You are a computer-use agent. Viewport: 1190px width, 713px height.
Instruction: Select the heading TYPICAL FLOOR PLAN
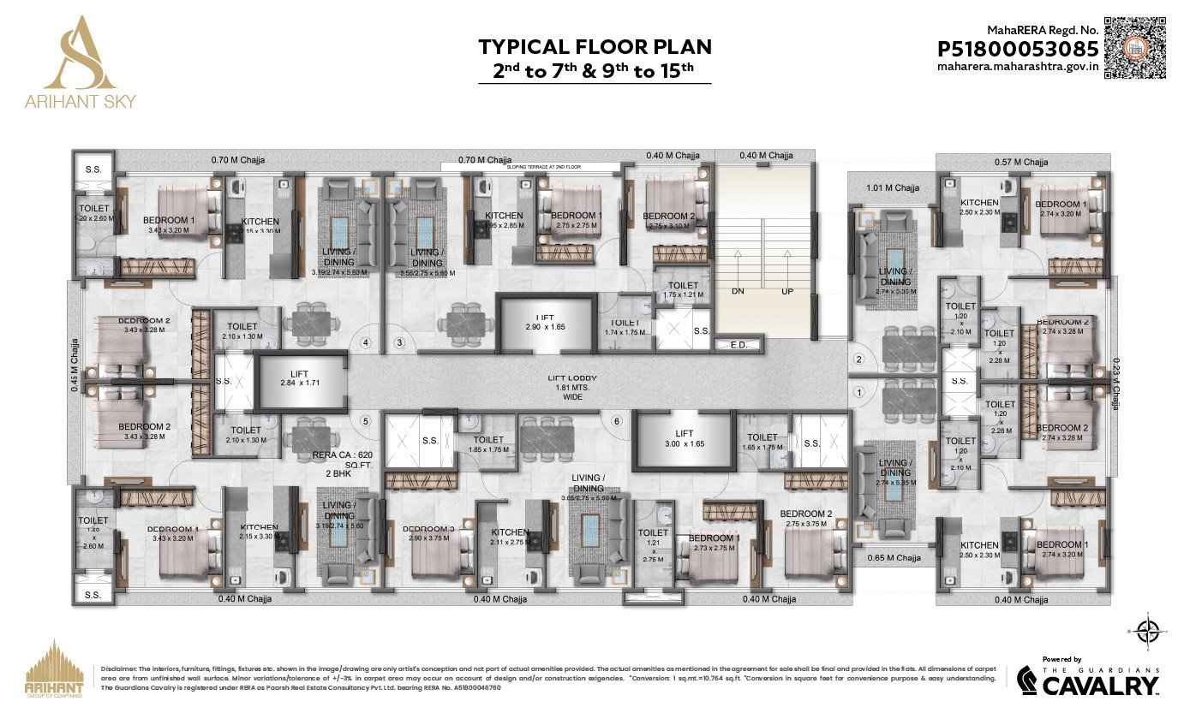[595, 46]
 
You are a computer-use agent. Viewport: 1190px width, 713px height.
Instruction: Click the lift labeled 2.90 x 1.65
[544, 322]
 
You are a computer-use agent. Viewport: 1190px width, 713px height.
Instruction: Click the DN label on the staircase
[738, 291]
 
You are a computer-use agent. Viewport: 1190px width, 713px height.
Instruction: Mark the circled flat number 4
[366, 344]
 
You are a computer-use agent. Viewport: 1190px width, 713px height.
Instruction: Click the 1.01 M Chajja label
[892, 187]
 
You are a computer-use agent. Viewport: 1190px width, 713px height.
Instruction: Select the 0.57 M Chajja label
[1021, 162]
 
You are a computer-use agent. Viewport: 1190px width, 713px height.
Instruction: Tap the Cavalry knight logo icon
[1028, 682]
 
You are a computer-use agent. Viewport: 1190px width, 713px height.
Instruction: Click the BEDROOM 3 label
[428, 529]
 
